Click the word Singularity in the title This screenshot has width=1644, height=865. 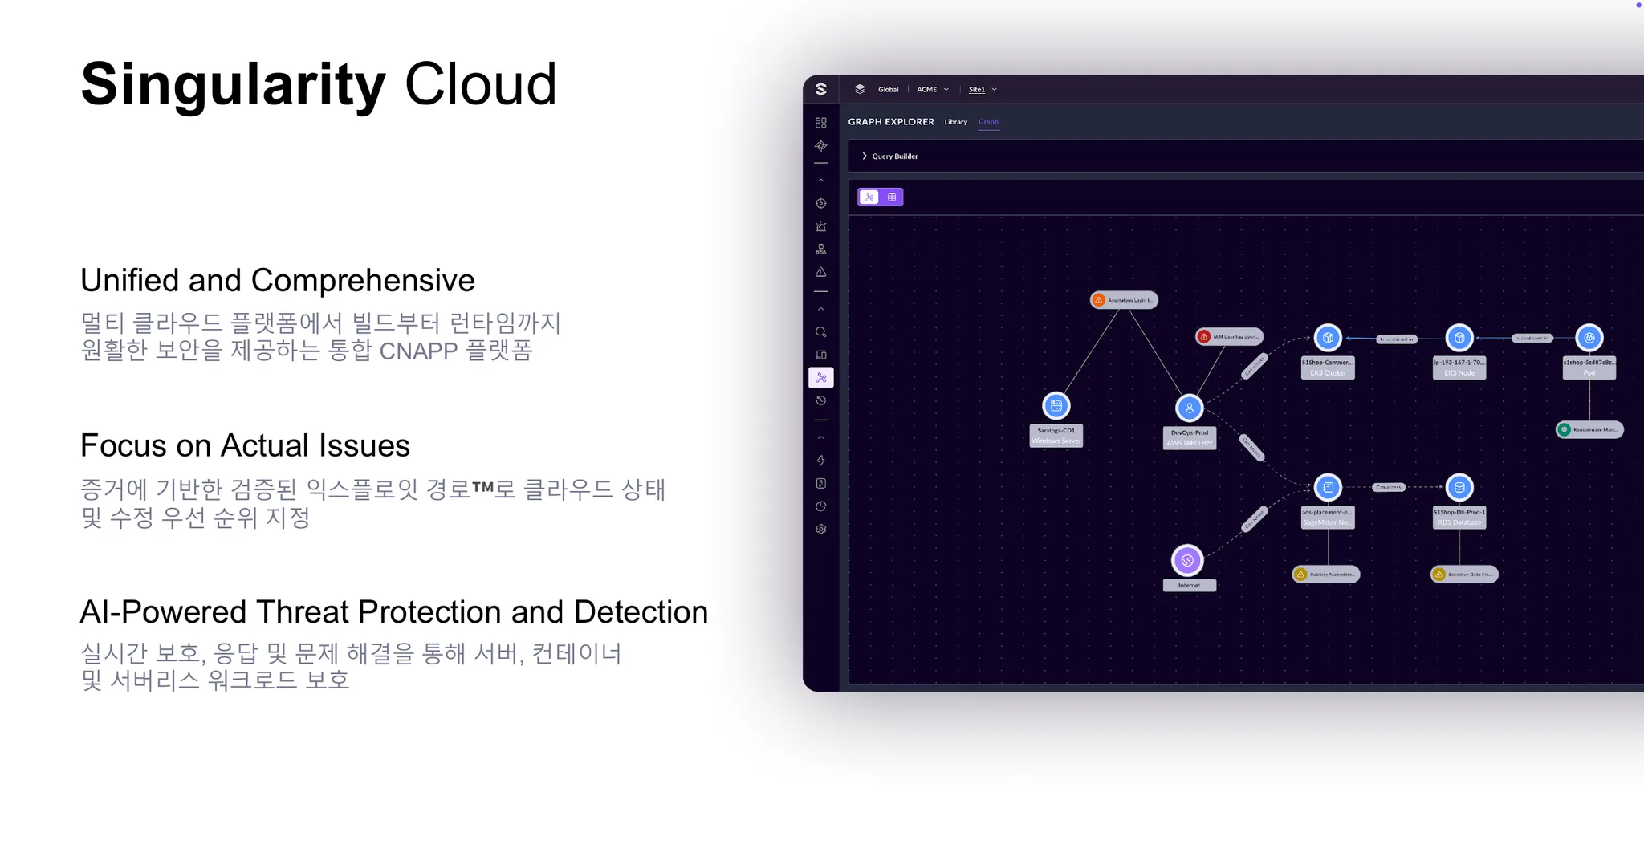(x=233, y=85)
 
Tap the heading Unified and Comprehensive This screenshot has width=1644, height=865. (x=277, y=281)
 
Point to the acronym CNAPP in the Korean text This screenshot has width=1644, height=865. (x=417, y=351)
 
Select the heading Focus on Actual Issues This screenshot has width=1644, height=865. (x=245, y=446)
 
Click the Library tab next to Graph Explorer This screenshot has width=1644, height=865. (x=955, y=122)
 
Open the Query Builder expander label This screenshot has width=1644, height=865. (x=894, y=156)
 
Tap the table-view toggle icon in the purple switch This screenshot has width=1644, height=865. (x=892, y=197)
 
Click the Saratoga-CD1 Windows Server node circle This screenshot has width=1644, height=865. (x=1056, y=406)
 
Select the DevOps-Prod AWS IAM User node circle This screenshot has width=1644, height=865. (x=1189, y=408)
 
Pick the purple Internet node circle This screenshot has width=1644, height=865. (x=1187, y=560)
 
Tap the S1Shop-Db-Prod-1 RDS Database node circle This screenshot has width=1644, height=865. (x=1459, y=487)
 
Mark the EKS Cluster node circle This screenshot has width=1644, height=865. (x=1328, y=338)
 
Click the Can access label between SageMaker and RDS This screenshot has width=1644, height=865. (x=1388, y=487)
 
